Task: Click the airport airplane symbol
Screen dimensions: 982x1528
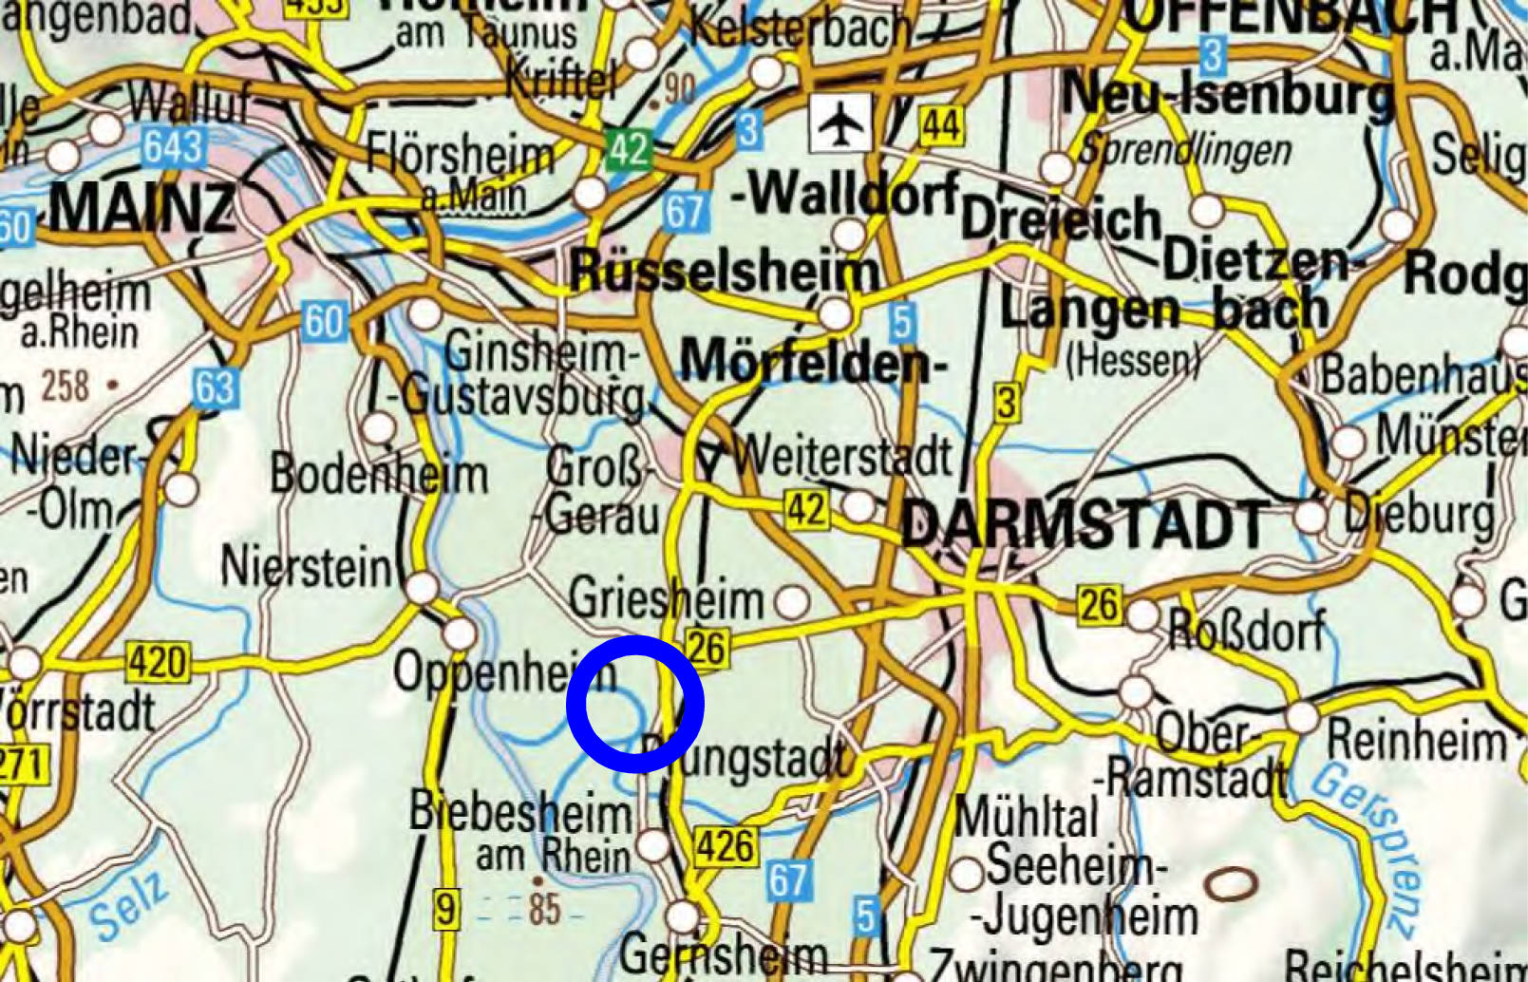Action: click(840, 124)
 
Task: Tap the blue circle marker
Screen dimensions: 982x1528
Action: click(634, 704)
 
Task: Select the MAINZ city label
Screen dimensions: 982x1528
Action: click(142, 207)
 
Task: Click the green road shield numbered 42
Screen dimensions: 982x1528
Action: click(629, 149)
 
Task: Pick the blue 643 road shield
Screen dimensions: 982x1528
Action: click(173, 147)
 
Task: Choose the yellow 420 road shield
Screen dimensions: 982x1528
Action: click(157, 662)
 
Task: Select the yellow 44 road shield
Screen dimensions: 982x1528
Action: click(941, 124)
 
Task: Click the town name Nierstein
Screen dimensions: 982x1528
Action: click(307, 568)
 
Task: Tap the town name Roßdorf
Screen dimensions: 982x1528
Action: click(1245, 629)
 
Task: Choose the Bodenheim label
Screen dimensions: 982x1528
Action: click(378, 473)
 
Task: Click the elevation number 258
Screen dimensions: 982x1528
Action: click(65, 387)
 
